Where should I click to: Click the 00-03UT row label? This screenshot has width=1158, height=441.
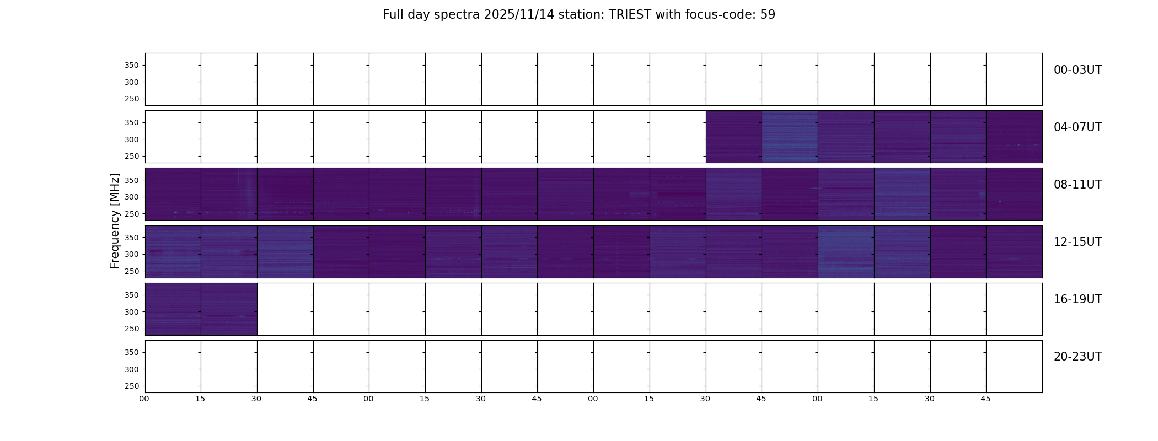coord(1077,70)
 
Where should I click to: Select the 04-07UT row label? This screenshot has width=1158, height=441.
coord(1077,127)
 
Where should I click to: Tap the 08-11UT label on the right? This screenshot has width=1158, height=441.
coord(1077,185)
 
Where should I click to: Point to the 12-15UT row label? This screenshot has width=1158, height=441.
coord(1077,242)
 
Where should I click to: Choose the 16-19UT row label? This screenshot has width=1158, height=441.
coord(1077,299)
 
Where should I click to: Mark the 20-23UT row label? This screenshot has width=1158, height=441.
coord(1077,357)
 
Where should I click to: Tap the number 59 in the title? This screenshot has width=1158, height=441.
coord(768,15)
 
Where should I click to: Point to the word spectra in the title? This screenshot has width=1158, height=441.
coord(457,15)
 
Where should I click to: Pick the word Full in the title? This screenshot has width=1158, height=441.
coord(393,15)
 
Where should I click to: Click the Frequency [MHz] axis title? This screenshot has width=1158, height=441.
coord(115,220)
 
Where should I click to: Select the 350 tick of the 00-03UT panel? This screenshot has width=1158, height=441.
coord(132,66)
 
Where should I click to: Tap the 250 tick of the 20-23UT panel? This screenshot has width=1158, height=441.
coord(132,386)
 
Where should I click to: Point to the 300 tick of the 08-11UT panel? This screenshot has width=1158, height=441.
coord(132,197)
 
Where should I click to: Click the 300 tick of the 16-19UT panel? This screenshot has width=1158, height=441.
coord(132,312)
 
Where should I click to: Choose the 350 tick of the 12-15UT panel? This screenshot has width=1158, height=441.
coord(132,238)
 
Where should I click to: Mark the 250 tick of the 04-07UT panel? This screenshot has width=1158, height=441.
coord(132,157)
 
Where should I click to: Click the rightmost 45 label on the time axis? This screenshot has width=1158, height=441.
coord(985,399)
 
